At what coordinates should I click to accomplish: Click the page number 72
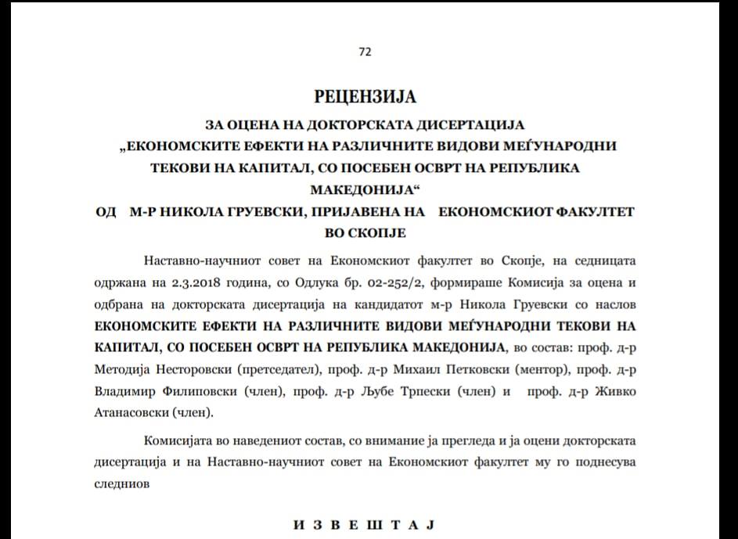[x=365, y=52]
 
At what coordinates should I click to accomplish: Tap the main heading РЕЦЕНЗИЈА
[x=365, y=97]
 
